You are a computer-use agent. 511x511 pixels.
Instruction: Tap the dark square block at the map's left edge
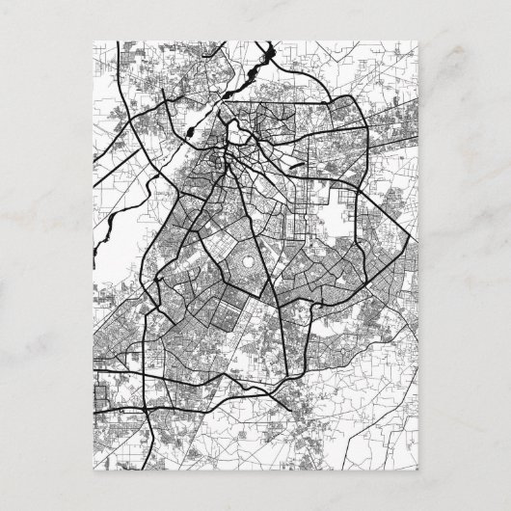point(99,395)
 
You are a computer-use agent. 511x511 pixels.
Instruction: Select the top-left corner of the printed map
point(94,40)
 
